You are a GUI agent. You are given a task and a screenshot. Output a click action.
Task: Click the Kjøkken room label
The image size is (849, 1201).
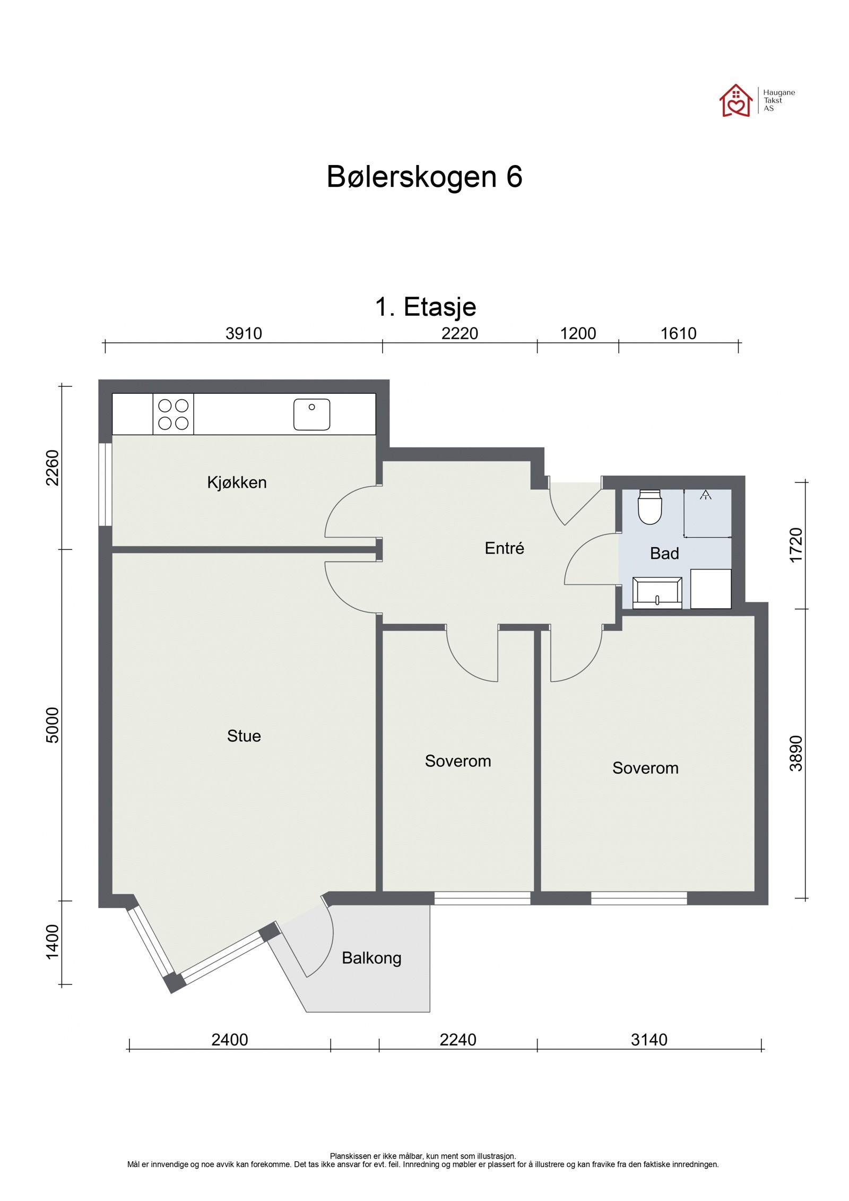(237, 482)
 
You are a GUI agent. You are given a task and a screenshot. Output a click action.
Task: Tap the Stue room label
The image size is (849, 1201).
(244, 736)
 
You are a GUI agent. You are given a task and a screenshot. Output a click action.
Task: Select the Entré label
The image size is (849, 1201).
(504, 548)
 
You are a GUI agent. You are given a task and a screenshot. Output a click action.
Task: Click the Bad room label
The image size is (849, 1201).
(664, 554)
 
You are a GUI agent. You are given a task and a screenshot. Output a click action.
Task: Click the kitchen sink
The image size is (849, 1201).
(311, 414)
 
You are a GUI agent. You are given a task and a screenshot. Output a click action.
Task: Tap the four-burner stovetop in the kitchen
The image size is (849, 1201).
(174, 414)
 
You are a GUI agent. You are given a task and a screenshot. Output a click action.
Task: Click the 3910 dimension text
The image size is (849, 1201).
(244, 333)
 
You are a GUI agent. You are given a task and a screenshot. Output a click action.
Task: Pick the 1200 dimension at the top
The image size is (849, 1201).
(578, 333)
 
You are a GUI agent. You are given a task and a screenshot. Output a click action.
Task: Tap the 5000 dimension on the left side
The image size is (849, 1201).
(53, 725)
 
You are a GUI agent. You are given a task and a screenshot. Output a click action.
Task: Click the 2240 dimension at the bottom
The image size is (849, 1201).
(457, 1039)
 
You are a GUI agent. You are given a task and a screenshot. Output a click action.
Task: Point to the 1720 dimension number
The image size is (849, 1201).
(796, 545)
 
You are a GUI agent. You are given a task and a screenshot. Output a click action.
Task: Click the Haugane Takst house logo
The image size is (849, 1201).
(736, 100)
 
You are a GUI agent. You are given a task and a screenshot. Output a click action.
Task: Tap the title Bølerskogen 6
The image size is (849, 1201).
(424, 177)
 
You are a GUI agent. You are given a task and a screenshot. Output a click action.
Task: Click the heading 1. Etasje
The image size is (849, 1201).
(426, 307)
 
